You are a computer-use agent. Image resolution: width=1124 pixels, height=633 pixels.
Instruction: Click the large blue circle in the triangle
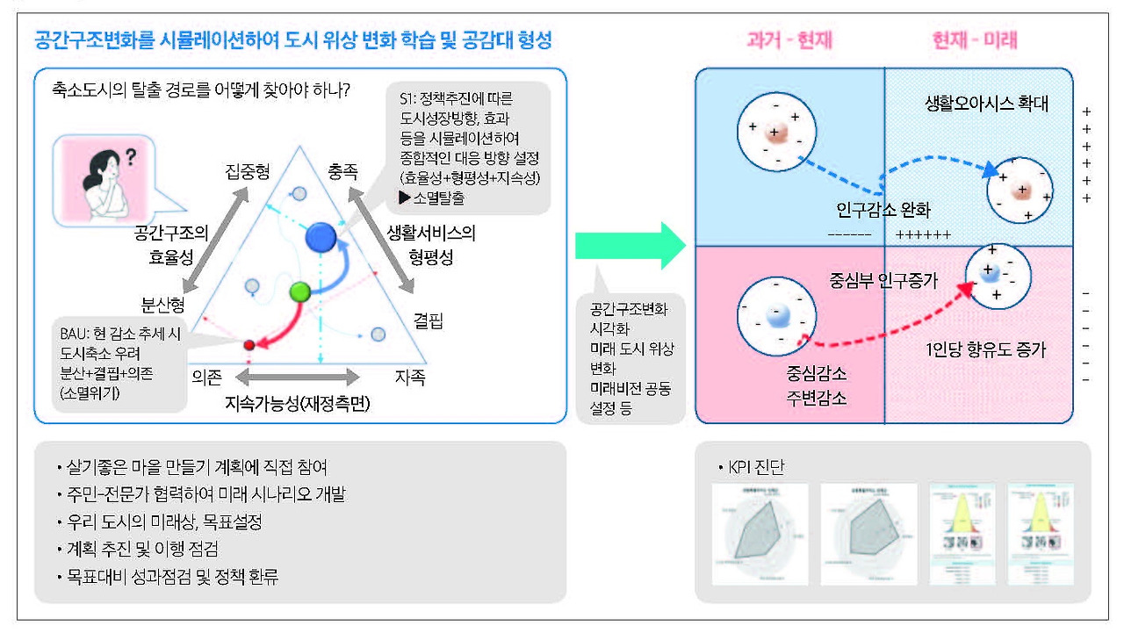321,236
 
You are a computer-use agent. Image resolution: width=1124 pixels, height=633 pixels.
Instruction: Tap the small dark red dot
249,345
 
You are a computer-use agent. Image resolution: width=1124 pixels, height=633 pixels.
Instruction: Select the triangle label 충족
343,171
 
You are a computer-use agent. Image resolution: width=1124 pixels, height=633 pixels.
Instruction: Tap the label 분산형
162,305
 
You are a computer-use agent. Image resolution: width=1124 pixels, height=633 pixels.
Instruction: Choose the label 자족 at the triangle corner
409,377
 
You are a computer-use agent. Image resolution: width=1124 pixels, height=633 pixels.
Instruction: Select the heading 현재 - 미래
975,40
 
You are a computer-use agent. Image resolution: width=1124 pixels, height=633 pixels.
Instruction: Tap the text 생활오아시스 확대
986,104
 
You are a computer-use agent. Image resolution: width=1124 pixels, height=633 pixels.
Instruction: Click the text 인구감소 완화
883,210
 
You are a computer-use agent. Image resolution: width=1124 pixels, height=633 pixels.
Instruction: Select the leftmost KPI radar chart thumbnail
760,534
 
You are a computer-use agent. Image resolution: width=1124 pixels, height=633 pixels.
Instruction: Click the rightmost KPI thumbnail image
1040,534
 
